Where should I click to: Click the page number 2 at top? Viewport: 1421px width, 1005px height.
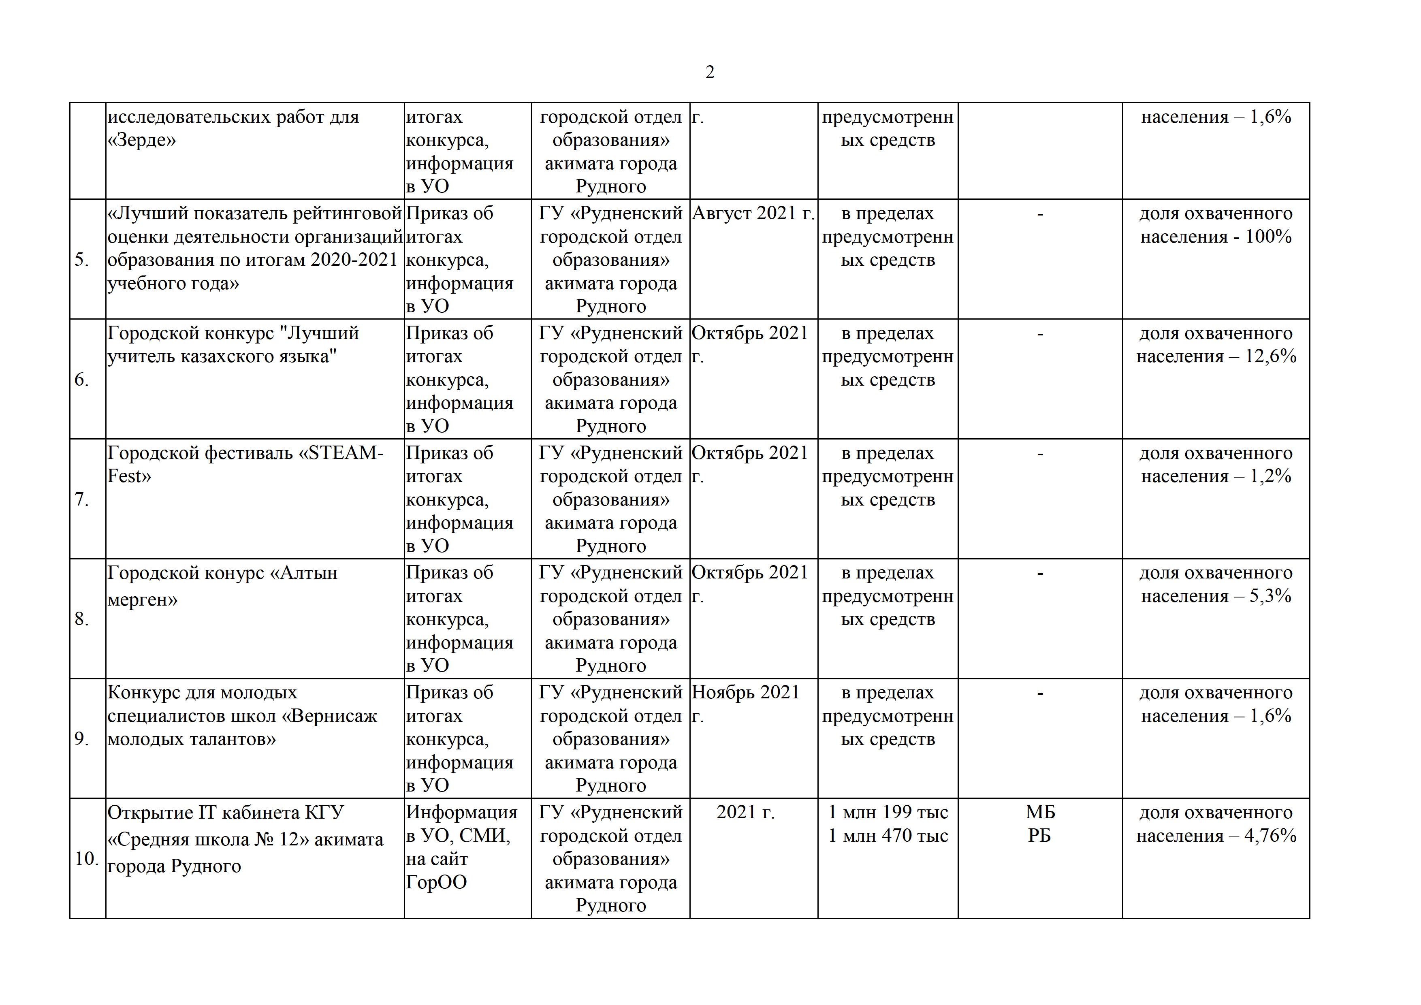(709, 73)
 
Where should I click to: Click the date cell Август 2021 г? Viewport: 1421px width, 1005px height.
(753, 213)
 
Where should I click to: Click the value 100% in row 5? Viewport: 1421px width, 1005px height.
(1268, 237)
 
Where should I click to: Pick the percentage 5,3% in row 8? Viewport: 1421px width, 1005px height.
(1270, 596)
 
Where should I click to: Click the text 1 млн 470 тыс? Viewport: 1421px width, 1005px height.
(888, 836)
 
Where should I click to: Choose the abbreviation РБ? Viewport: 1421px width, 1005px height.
(1040, 836)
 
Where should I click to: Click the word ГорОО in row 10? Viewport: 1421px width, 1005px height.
(436, 883)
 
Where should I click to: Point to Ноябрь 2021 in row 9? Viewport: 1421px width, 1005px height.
(746, 693)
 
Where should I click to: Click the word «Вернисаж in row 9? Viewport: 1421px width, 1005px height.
(329, 716)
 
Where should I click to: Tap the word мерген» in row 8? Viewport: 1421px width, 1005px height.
(142, 600)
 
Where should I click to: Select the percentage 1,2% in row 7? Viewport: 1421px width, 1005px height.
(1270, 476)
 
